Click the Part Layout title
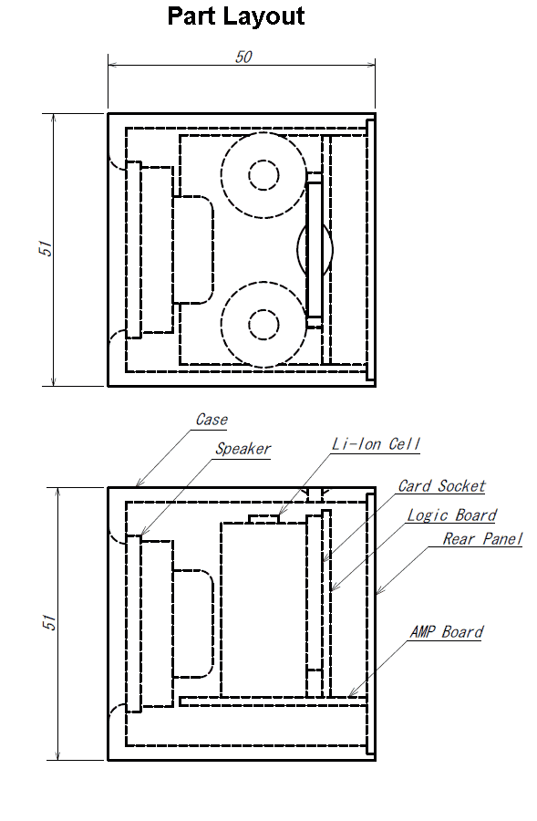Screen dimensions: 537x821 point(236,16)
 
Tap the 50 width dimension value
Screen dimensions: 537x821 point(244,57)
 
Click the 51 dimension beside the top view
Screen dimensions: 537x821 point(46,248)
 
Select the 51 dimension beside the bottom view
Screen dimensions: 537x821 point(48,622)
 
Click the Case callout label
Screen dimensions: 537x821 point(212,420)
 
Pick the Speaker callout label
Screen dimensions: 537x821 point(243,449)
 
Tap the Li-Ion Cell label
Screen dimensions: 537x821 point(377,444)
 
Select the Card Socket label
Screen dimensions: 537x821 point(442,486)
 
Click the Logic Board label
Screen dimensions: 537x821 point(451,515)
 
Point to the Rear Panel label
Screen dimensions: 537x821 point(482,539)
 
